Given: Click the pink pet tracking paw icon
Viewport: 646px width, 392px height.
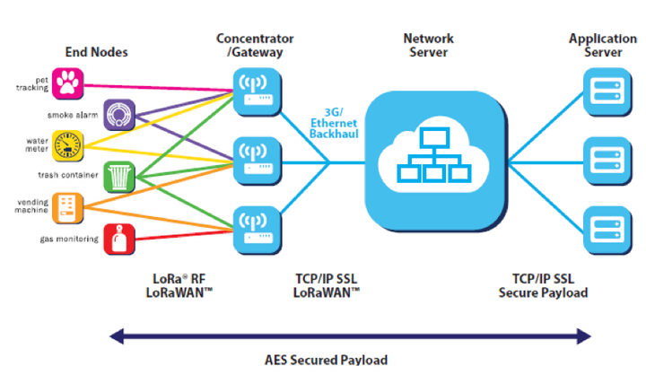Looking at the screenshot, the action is click(68, 83).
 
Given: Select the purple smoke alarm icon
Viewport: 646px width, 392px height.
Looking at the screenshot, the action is click(119, 115).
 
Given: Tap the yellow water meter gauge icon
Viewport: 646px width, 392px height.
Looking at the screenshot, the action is click(68, 145).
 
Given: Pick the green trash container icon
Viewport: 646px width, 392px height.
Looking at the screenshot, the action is click(119, 177).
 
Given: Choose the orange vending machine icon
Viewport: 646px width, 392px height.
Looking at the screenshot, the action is click(68, 208).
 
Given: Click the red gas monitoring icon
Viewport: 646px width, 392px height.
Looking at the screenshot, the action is click(119, 240).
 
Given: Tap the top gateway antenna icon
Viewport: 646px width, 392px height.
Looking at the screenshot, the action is click(258, 91).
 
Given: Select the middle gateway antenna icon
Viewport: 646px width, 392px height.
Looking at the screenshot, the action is click(258, 161).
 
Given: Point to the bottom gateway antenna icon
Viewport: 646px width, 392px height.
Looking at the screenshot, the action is click(258, 231).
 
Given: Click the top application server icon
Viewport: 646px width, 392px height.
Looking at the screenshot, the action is click(607, 91).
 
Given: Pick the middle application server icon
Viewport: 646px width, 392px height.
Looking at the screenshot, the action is click(607, 161).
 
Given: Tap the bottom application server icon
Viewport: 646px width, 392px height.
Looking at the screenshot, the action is click(607, 231).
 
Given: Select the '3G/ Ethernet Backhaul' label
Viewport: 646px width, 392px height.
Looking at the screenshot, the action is click(334, 123).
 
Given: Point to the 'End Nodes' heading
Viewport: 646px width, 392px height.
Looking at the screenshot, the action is click(96, 52).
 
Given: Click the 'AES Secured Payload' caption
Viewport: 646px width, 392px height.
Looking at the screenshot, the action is click(326, 361).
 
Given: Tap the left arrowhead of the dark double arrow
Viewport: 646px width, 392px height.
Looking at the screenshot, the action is click(117, 336).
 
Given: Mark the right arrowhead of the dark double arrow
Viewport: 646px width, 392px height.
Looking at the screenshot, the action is click(584, 336).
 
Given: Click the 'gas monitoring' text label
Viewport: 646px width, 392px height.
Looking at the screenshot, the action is click(69, 240).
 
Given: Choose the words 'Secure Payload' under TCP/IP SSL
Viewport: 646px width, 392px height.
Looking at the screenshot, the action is click(543, 292).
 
